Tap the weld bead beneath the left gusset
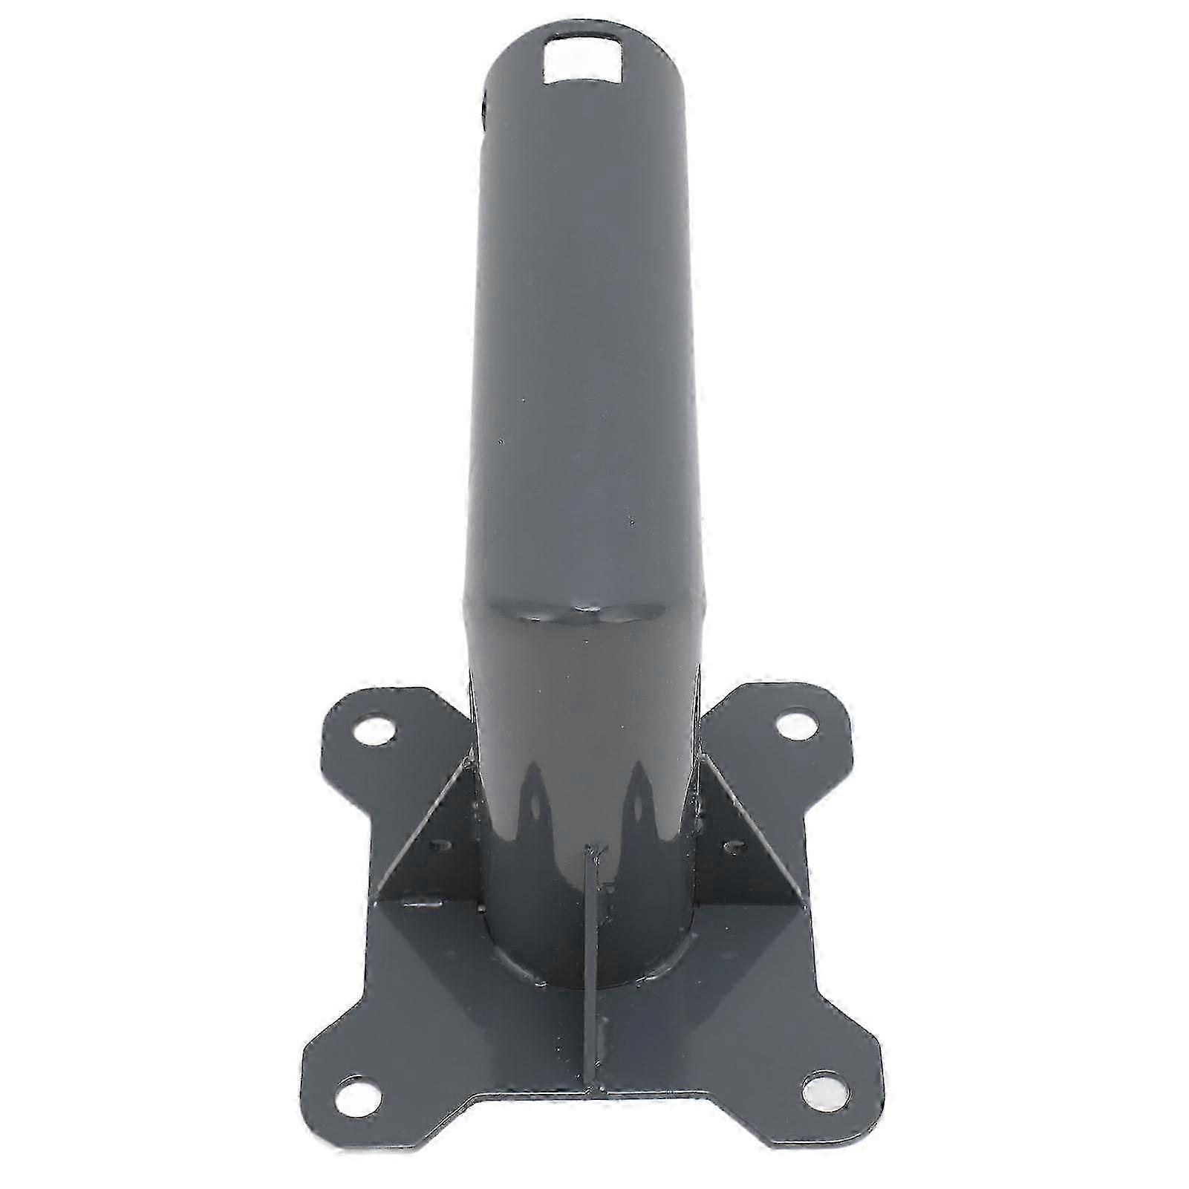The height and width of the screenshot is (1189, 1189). point(423,906)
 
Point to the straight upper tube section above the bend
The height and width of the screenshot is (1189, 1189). point(587,334)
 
